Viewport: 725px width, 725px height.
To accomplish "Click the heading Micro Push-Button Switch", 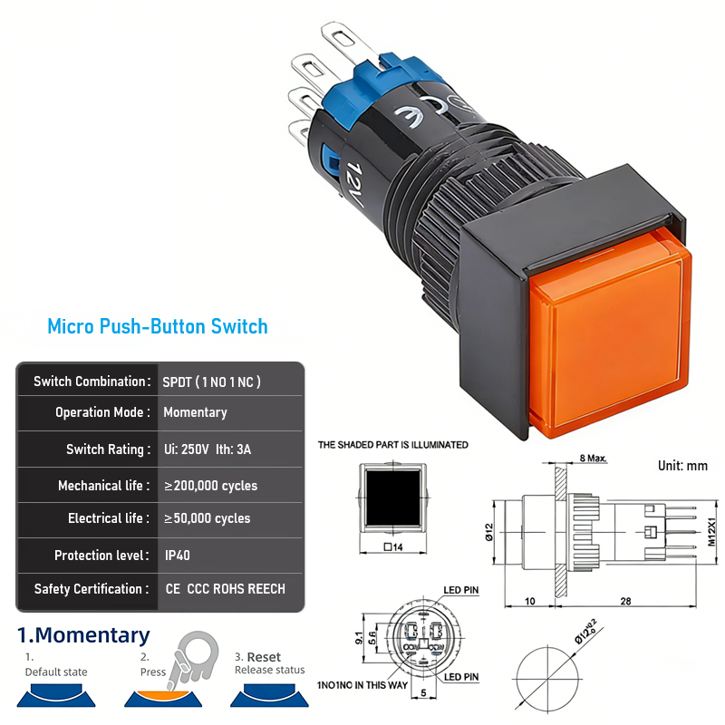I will point(158,325).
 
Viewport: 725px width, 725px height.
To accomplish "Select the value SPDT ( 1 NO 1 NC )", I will point(211,382).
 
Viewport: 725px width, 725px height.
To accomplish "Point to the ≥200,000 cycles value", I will point(210,486).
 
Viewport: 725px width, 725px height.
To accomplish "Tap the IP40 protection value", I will point(178,556).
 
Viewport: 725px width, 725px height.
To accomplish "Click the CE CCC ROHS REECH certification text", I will point(225,589).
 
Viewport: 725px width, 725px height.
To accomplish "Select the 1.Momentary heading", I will point(83,635).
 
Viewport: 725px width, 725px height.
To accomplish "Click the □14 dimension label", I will point(393,546).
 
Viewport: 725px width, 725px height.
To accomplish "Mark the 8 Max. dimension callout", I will point(593,459).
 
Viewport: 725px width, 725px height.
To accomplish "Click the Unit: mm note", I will point(682,466).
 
